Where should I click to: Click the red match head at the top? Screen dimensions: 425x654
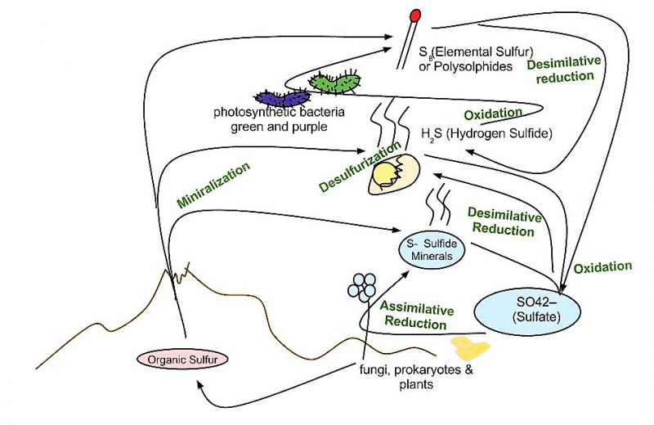pyautogui.click(x=415, y=14)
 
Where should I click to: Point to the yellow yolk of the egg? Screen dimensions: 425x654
pyautogui.click(x=384, y=174)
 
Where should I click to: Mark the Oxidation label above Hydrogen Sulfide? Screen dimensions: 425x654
pyautogui.click(x=492, y=114)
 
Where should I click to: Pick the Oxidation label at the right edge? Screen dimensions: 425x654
pyautogui.click(x=602, y=267)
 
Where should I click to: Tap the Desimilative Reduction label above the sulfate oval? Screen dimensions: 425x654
pyautogui.click(x=504, y=223)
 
